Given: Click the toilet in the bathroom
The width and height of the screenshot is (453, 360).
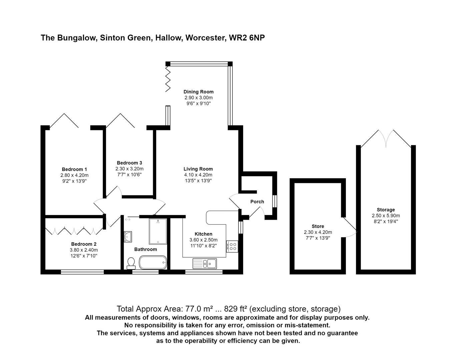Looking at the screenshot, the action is pos(131,263).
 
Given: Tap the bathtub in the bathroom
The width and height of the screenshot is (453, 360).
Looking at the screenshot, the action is pos(153,262).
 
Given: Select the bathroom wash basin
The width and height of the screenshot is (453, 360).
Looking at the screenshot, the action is pos(128,237).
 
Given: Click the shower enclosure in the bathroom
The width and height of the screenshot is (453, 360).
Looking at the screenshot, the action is pos(158,231).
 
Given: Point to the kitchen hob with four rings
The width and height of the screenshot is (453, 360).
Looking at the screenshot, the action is pos(232,247).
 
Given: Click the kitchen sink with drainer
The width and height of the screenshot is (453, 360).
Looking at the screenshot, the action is pos(204,264).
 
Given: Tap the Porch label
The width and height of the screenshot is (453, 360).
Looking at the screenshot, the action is pos(257,202).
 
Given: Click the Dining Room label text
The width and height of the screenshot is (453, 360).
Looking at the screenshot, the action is pos(198,92).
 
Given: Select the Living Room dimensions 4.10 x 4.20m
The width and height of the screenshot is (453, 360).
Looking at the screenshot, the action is pos(198,175).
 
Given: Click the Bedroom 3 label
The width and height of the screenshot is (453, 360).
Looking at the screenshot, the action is pos(129,163).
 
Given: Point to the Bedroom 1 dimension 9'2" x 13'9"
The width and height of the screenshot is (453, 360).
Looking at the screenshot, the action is pos(74,181).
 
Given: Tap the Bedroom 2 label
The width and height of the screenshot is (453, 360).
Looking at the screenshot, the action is pos(84,244).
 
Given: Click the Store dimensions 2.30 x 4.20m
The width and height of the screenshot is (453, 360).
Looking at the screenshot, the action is pos(318,232).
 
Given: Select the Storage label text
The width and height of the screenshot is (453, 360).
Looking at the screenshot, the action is pos(386,210).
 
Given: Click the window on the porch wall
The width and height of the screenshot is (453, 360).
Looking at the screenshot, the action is pos(275,201).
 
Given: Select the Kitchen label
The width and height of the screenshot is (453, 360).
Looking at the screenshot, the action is pos(203,234).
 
